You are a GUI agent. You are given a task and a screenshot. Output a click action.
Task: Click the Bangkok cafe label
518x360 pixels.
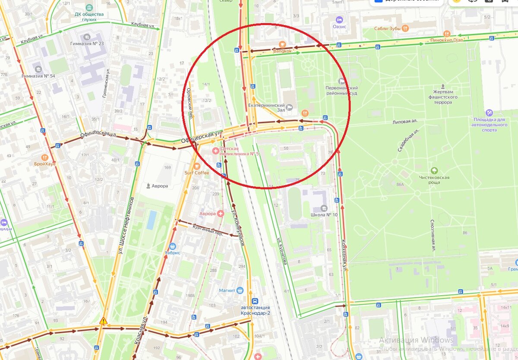pyautogui.click(x=283, y=51)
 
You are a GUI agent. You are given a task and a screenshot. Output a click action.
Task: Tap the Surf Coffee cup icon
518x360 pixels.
pyautogui.click(x=197, y=165)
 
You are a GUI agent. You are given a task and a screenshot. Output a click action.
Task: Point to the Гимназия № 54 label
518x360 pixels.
pyautogui.click(x=38, y=76)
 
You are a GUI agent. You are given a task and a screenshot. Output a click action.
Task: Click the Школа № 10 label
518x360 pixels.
pyautogui.click(x=323, y=215)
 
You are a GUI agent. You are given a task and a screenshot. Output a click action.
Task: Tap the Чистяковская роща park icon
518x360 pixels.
pyautogui.click(x=433, y=171)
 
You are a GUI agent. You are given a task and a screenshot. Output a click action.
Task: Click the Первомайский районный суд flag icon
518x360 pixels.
pyautogui.click(x=342, y=80)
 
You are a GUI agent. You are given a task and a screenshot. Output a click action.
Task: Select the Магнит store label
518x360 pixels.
pyautogui.click(x=227, y=291)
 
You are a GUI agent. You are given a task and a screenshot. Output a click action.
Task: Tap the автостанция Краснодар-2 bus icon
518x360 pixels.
pyautogui.click(x=255, y=301)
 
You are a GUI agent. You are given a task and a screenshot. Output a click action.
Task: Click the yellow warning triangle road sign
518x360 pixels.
pyautogui.click(x=103, y=321)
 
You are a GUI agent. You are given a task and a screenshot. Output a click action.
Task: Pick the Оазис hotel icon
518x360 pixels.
pyautogui.click(x=339, y=19)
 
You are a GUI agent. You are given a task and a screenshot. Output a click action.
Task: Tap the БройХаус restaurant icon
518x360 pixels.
pyautogui.click(x=44, y=158)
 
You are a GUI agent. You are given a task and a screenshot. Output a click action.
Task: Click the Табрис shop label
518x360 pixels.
pyautogui.click(x=172, y=253)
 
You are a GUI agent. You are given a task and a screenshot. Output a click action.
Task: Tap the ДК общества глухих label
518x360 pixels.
pyautogui.click(x=89, y=16)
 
